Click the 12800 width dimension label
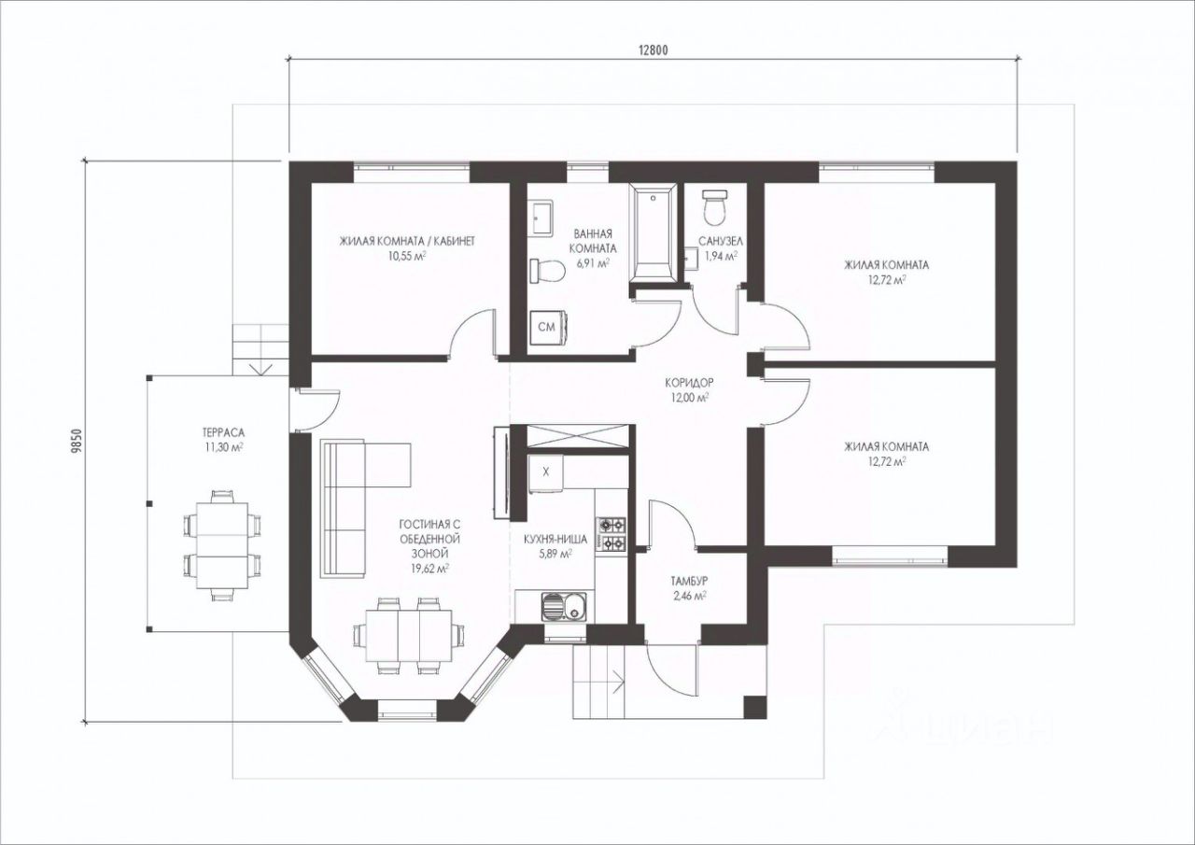click(x=653, y=50)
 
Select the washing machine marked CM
click(x=548, y=327)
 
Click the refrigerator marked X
click(x=546, y=472)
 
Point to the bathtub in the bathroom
click(x=654, y=232)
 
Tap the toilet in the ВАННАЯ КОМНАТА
click(x=547, y=271)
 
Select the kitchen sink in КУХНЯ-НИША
click(x=563, y=607)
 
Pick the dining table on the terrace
click(x=222, y=545)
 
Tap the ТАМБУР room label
click(x=689, y=581)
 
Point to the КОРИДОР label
click(x=689, y=382)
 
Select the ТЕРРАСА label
click(x=223, y=432)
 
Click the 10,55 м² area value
click(x=407, y=256)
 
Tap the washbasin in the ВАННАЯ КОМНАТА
click(x=541, y=218)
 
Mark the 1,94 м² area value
click(x=721, y=256)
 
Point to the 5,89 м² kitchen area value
click(x=555, y=554)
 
